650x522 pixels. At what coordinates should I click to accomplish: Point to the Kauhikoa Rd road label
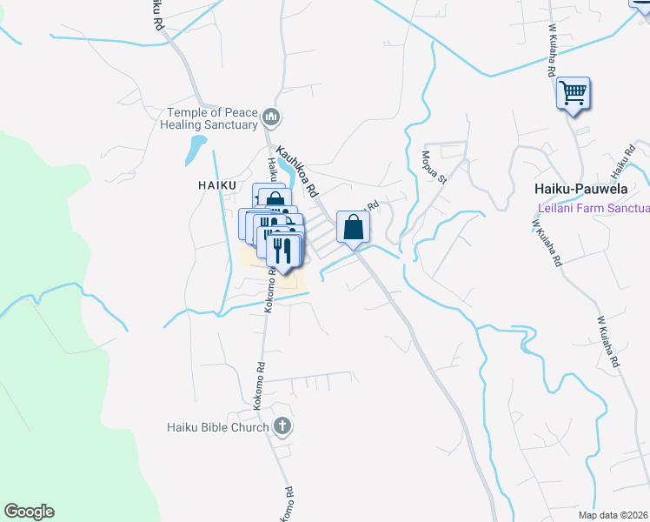coord(298,170)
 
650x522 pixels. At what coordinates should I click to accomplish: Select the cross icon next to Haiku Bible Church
coord(282,426)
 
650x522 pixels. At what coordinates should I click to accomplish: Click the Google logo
coord(29,512)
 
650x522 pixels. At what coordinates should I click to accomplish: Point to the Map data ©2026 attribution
coord(613,515)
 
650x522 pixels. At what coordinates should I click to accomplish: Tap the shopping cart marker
coord(573,92)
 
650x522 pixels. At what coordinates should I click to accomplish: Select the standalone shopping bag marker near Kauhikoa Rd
coord(354,228)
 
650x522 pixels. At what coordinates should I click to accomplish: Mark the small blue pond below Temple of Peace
coord(196,151)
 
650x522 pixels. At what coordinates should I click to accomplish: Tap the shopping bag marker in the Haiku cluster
coord(275,199)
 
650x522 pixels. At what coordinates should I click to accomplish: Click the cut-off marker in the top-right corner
coord(641,3)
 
